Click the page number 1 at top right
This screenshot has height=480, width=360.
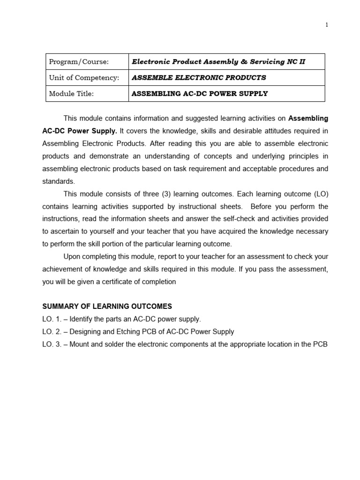click(327, 25)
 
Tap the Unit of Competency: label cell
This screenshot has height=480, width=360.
click(84, 78)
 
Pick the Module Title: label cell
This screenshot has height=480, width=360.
click(71, 94)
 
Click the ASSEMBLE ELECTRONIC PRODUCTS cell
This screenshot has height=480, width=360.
click(199, 78)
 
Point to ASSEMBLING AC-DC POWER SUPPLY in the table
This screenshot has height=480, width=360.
click(200, 94)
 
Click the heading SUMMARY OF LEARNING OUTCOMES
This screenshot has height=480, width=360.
click(107, 307)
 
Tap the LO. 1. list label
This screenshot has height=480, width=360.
click(52, 319)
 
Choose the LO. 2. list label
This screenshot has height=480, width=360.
click(52, 332)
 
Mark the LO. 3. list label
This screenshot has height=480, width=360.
click(52, 345)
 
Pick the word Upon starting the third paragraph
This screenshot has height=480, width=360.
click(72, 257)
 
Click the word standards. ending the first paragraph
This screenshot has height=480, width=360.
click(58, 181)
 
